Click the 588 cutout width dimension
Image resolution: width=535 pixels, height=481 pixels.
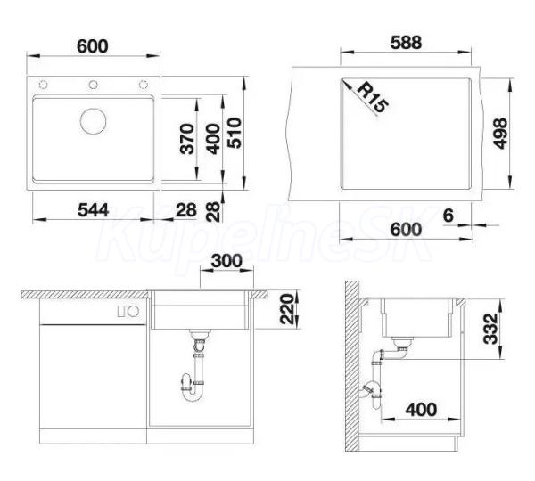(406, 43)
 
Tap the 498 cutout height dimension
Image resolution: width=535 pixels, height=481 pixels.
(500, 134)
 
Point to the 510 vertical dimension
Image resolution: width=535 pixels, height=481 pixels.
(235, 133)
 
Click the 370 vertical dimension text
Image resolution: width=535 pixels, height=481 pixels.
(187, 139)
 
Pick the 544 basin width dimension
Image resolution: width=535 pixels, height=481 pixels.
(93, 209)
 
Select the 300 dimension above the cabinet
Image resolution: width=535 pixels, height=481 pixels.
(226, 261)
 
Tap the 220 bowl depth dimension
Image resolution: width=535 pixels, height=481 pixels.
(287, 309)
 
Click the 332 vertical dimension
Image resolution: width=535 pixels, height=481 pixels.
(491, 329)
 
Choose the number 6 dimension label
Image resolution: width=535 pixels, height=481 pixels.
(449, 216)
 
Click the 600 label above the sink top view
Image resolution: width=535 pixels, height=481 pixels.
(93, 46)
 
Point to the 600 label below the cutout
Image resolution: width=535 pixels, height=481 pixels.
(406, 230)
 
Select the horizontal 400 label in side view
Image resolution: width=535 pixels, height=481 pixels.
(421, 410)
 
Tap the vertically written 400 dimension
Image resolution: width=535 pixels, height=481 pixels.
(213, 139)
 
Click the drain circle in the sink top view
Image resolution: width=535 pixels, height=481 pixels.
(93, 120)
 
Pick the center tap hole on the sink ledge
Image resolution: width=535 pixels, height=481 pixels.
(93, 85)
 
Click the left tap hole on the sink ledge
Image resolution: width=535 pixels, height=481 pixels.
(44, 85)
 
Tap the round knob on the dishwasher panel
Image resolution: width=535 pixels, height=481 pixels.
(134, 311)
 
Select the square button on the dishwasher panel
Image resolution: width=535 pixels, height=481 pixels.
(121, 311)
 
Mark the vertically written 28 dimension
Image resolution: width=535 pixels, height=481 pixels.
(213, 212)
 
